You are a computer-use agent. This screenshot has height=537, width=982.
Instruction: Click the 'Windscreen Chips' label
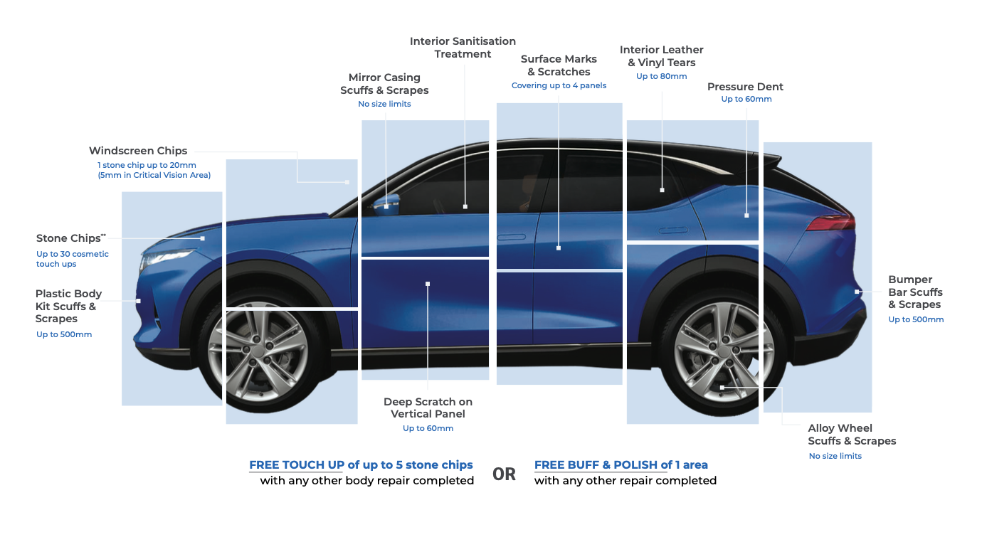pyautogui.click(x=138, y=151)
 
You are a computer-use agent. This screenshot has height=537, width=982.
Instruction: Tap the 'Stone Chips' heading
pyautogui.click(x=68, y=238)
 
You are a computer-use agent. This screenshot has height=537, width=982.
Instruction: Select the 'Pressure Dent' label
pyautogui.click(x=745, y=87)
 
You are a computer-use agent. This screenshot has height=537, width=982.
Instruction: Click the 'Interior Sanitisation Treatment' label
pyautogui.click(x=463, y=48)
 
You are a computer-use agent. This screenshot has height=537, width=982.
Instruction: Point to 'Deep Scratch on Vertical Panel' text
pyautogui.click(x=428, y=408)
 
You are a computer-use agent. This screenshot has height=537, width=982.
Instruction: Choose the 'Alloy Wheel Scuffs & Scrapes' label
pyautogui.click(x=852, y=435)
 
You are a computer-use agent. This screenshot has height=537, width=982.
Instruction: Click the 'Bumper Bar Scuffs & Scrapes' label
pyautogui.click(x=915, y=292)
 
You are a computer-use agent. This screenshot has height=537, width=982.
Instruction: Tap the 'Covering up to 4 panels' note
pyautogui.click(x=559, y=85)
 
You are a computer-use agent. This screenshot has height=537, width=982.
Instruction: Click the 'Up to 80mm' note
pyautogui.click(x=661, y=76)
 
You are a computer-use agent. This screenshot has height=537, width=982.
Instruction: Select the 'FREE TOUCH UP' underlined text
pyautogui.click(x=297, y=465)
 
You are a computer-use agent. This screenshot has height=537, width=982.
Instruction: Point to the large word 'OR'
pyautogui.click(x=504, y=474)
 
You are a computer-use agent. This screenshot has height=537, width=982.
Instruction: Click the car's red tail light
pyautogui.click(x=830, y=224)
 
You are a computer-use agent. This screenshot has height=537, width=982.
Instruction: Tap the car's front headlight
pyautogui.click(x=168, y=256)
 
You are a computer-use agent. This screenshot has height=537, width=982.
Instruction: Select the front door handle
pyautogui.click(x=513, y=237)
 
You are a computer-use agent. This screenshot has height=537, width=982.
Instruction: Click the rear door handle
pyautogui.click(x=672, y=230)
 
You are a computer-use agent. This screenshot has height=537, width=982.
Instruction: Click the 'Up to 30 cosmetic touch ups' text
pyautogui.click(x=73, y=259)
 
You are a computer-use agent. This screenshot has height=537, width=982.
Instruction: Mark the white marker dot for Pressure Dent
pyautogui.click(x=746, y=215)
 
